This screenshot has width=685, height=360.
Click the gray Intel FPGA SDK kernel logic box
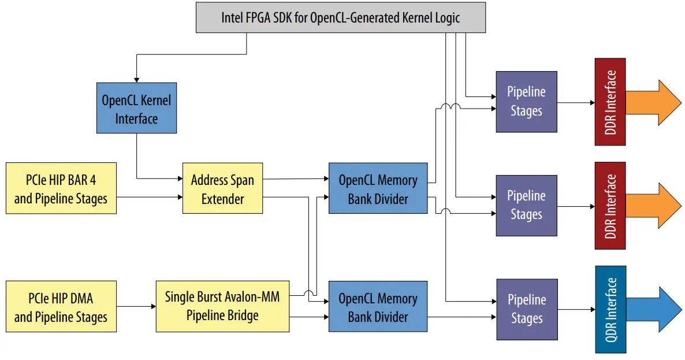(340, 17)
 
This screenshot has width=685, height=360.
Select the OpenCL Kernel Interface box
(136, 109)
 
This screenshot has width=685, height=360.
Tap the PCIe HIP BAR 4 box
(61, 188)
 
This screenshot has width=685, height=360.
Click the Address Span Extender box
(222, 188)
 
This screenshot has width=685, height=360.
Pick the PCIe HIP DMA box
(61, 307)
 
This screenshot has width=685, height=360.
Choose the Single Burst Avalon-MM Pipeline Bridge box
(222, 306)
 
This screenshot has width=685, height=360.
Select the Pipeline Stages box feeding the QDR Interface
(526, 309)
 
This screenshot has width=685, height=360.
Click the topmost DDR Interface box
(610, 102)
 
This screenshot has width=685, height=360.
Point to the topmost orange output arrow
(653, 102)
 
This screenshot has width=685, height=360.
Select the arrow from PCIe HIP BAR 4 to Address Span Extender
(149, 198)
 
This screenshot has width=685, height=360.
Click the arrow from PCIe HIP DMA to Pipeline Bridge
(136, 307)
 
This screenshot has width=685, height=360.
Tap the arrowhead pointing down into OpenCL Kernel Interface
(136, 79)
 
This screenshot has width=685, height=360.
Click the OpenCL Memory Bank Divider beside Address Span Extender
(378, 190)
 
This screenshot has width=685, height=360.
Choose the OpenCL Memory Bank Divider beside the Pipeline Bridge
(378, 307)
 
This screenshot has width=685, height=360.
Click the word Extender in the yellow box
(222, 199)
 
